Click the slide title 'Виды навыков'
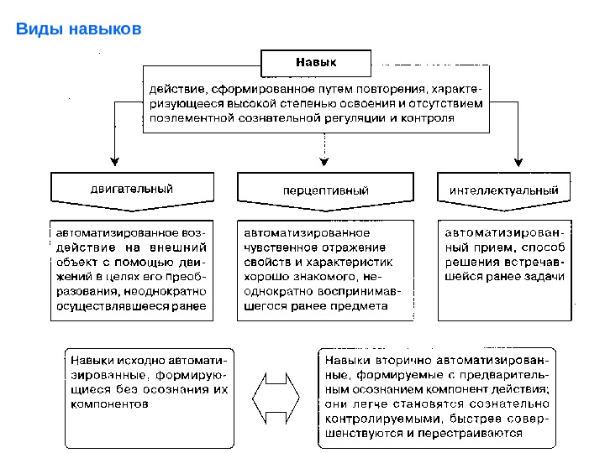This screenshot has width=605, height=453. point(80,31)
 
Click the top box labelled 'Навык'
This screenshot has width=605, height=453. point(316,62)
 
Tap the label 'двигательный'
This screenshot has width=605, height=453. point(132,190)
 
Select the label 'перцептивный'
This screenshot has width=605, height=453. point(325,190)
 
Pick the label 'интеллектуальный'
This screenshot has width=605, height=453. point(504,190)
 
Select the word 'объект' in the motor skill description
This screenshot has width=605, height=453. point(73,262)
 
